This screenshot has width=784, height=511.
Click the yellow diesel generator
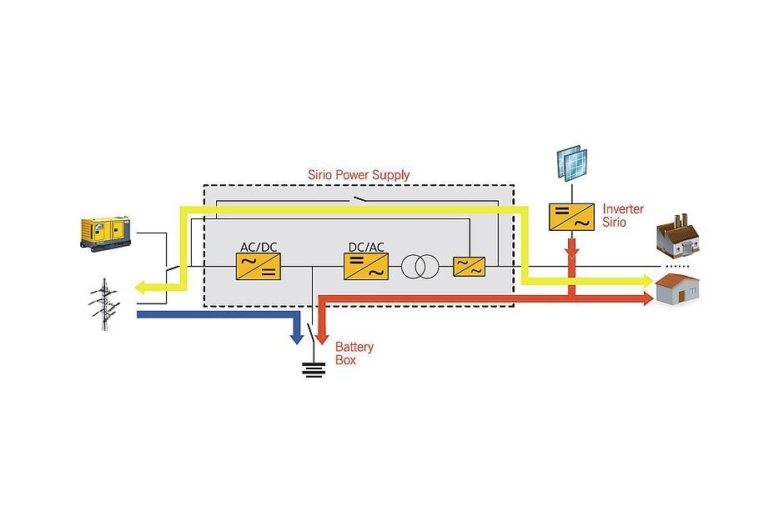pyautogui.click(x=106, y=232)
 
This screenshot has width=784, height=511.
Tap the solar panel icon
pyautogui.click(x=572, y=163)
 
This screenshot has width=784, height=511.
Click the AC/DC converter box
pyautogui.click(x=258, y=266)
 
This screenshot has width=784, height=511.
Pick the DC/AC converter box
pyautogui.click(x=365, y=266)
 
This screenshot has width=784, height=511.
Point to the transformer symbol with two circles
pyautogui.click(x=420, y=267)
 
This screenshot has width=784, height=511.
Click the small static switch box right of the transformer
pyautogui.click(x=470, y=267)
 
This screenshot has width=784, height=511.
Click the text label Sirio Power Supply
pyautogui.click(x=359, y=175)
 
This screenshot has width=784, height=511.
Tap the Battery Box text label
pyautogui.click(x=354, y=353)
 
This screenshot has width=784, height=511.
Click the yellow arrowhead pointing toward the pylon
pyautogui.click(x=144, y=288)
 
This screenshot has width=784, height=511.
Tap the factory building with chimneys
pyautogui.click(x=678, y=237)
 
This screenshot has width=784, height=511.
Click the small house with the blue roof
pyautogui.click(x=677, y=290)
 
